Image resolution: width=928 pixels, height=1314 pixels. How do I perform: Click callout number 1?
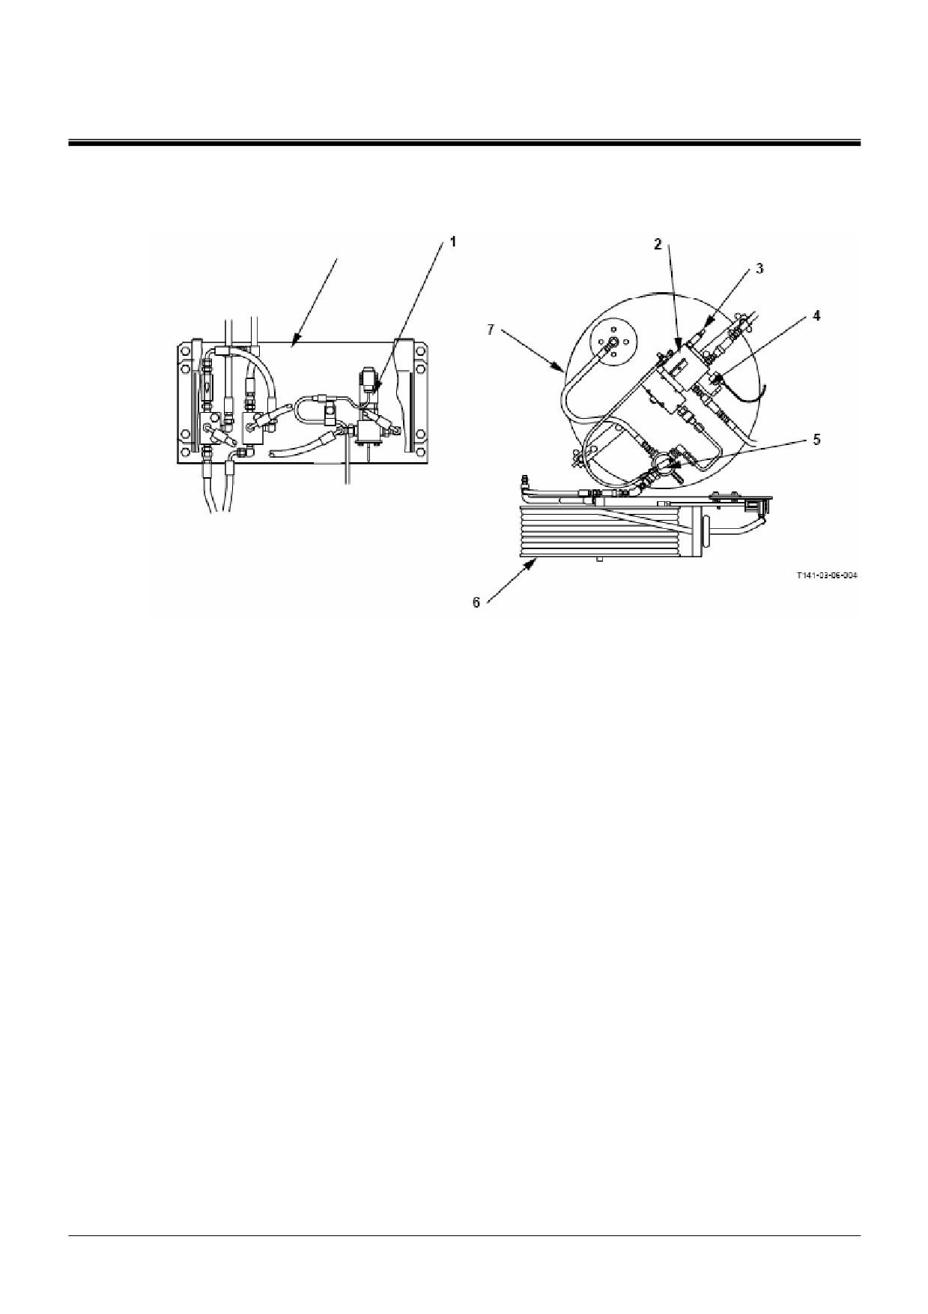tap(452, 241)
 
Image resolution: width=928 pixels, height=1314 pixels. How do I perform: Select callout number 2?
tap(657, 244)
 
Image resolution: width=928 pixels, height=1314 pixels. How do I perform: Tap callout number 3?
tap(759, 268)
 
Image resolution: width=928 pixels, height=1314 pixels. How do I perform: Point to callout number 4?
tap(816, 315)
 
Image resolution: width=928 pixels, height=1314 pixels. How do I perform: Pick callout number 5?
tap(817, 439)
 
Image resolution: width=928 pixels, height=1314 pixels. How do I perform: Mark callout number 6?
tap(476, 602)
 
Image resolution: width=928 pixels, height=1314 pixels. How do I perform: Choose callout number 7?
tap(491, 330)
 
